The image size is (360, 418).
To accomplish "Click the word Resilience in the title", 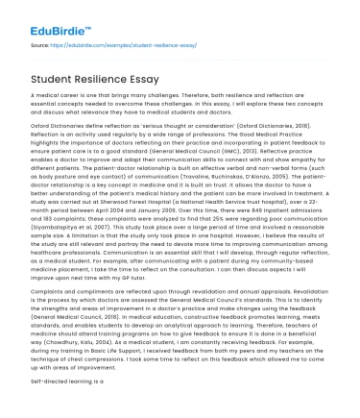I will coord(110,79).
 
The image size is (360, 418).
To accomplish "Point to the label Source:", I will coord(40,44).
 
